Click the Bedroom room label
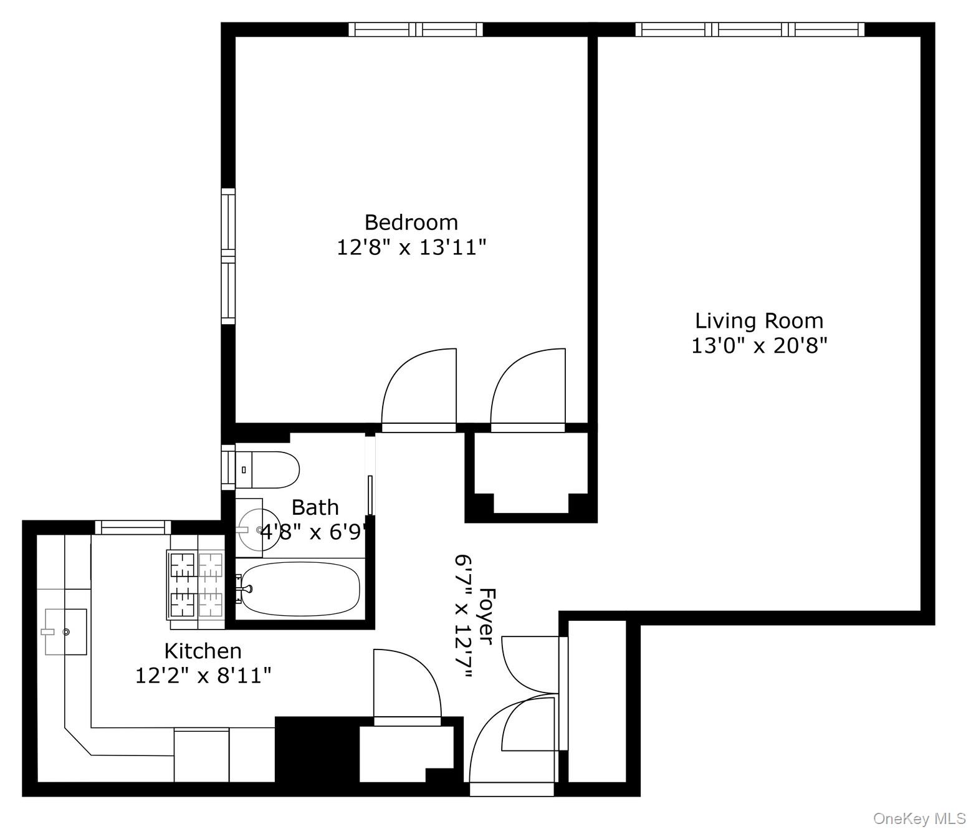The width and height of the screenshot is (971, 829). [x=411, y=223]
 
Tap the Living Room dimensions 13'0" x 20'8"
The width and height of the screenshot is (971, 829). [x=758, y=345]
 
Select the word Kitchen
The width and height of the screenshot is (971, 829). [x=203, y=651]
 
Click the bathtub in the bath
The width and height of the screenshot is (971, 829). [x=300, y=588]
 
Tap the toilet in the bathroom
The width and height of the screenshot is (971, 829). [x=268, y=469]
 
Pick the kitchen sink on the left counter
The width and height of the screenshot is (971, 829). [x=65, y=632]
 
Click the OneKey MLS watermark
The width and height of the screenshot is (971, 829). [x=919, y=818]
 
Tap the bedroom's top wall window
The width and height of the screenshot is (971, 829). [x=416, y=29]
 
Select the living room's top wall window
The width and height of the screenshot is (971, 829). [x=750, y=29]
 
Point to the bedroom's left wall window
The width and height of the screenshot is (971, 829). [x=229, y=256]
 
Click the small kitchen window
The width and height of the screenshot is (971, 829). [x=133, y=527]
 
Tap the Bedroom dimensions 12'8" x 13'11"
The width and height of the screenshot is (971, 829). [x=411, y=247]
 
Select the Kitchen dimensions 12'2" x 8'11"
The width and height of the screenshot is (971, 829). [x=203, y=675]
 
